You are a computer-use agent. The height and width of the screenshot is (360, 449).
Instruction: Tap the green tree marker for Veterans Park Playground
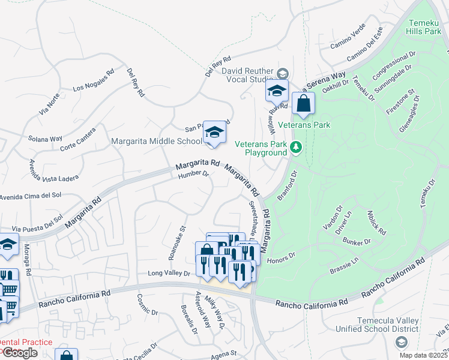[x=295, y=148]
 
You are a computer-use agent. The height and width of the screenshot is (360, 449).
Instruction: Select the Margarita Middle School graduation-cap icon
[x=214, y=132]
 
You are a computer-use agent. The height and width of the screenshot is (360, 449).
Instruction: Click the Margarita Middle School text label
[x=157, y=142]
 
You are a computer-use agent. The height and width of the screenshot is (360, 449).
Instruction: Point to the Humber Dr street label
[x=193, y=175]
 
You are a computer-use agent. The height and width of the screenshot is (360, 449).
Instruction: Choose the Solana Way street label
[x=45, y=139]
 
